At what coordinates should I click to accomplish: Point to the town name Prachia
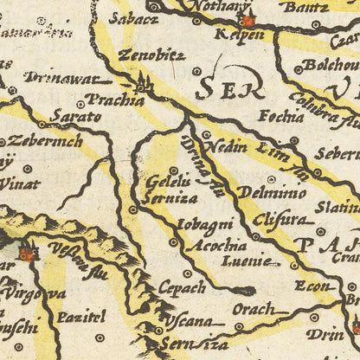click(x=116, y=100)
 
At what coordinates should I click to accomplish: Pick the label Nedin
click(x=229, y=146)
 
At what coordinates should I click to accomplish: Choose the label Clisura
click(x=280, y=219)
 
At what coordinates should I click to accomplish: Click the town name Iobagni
click(x=204, y=224)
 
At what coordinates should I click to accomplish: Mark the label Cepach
click(x=182, y=287)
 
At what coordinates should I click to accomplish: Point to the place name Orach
click(x=254, y=309)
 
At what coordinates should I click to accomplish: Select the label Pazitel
click(x=80, y=318)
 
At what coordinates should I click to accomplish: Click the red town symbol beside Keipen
click(x=248, y=20)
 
